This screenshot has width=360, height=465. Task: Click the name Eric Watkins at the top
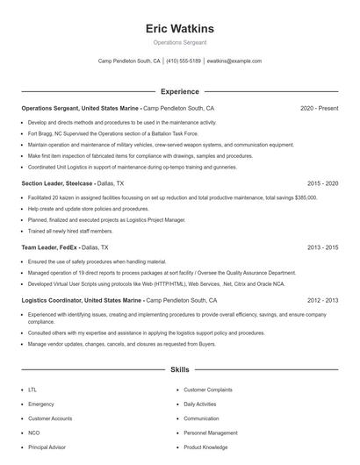click(180, 28)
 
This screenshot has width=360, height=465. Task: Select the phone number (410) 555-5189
click(184, 61)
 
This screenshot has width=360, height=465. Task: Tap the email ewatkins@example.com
click(234, 61)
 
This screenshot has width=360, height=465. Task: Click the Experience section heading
click(180, 91)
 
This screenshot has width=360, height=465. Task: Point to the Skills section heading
click(180, 370)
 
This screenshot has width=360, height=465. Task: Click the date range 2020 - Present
click(319, 108)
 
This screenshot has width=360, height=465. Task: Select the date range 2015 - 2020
click(322, 183)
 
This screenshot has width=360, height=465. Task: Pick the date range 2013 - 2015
click(322, 248)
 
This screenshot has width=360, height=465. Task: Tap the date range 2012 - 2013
click(322, 300)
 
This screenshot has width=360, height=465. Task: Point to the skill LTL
click(32, 389)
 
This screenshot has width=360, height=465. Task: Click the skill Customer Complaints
click(207, 389)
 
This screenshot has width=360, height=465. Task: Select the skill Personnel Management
click(211, 433)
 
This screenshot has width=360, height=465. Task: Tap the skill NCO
click(33, 433)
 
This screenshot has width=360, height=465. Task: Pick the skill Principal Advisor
click(46, 447)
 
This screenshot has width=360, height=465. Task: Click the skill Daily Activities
click(200, 404)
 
